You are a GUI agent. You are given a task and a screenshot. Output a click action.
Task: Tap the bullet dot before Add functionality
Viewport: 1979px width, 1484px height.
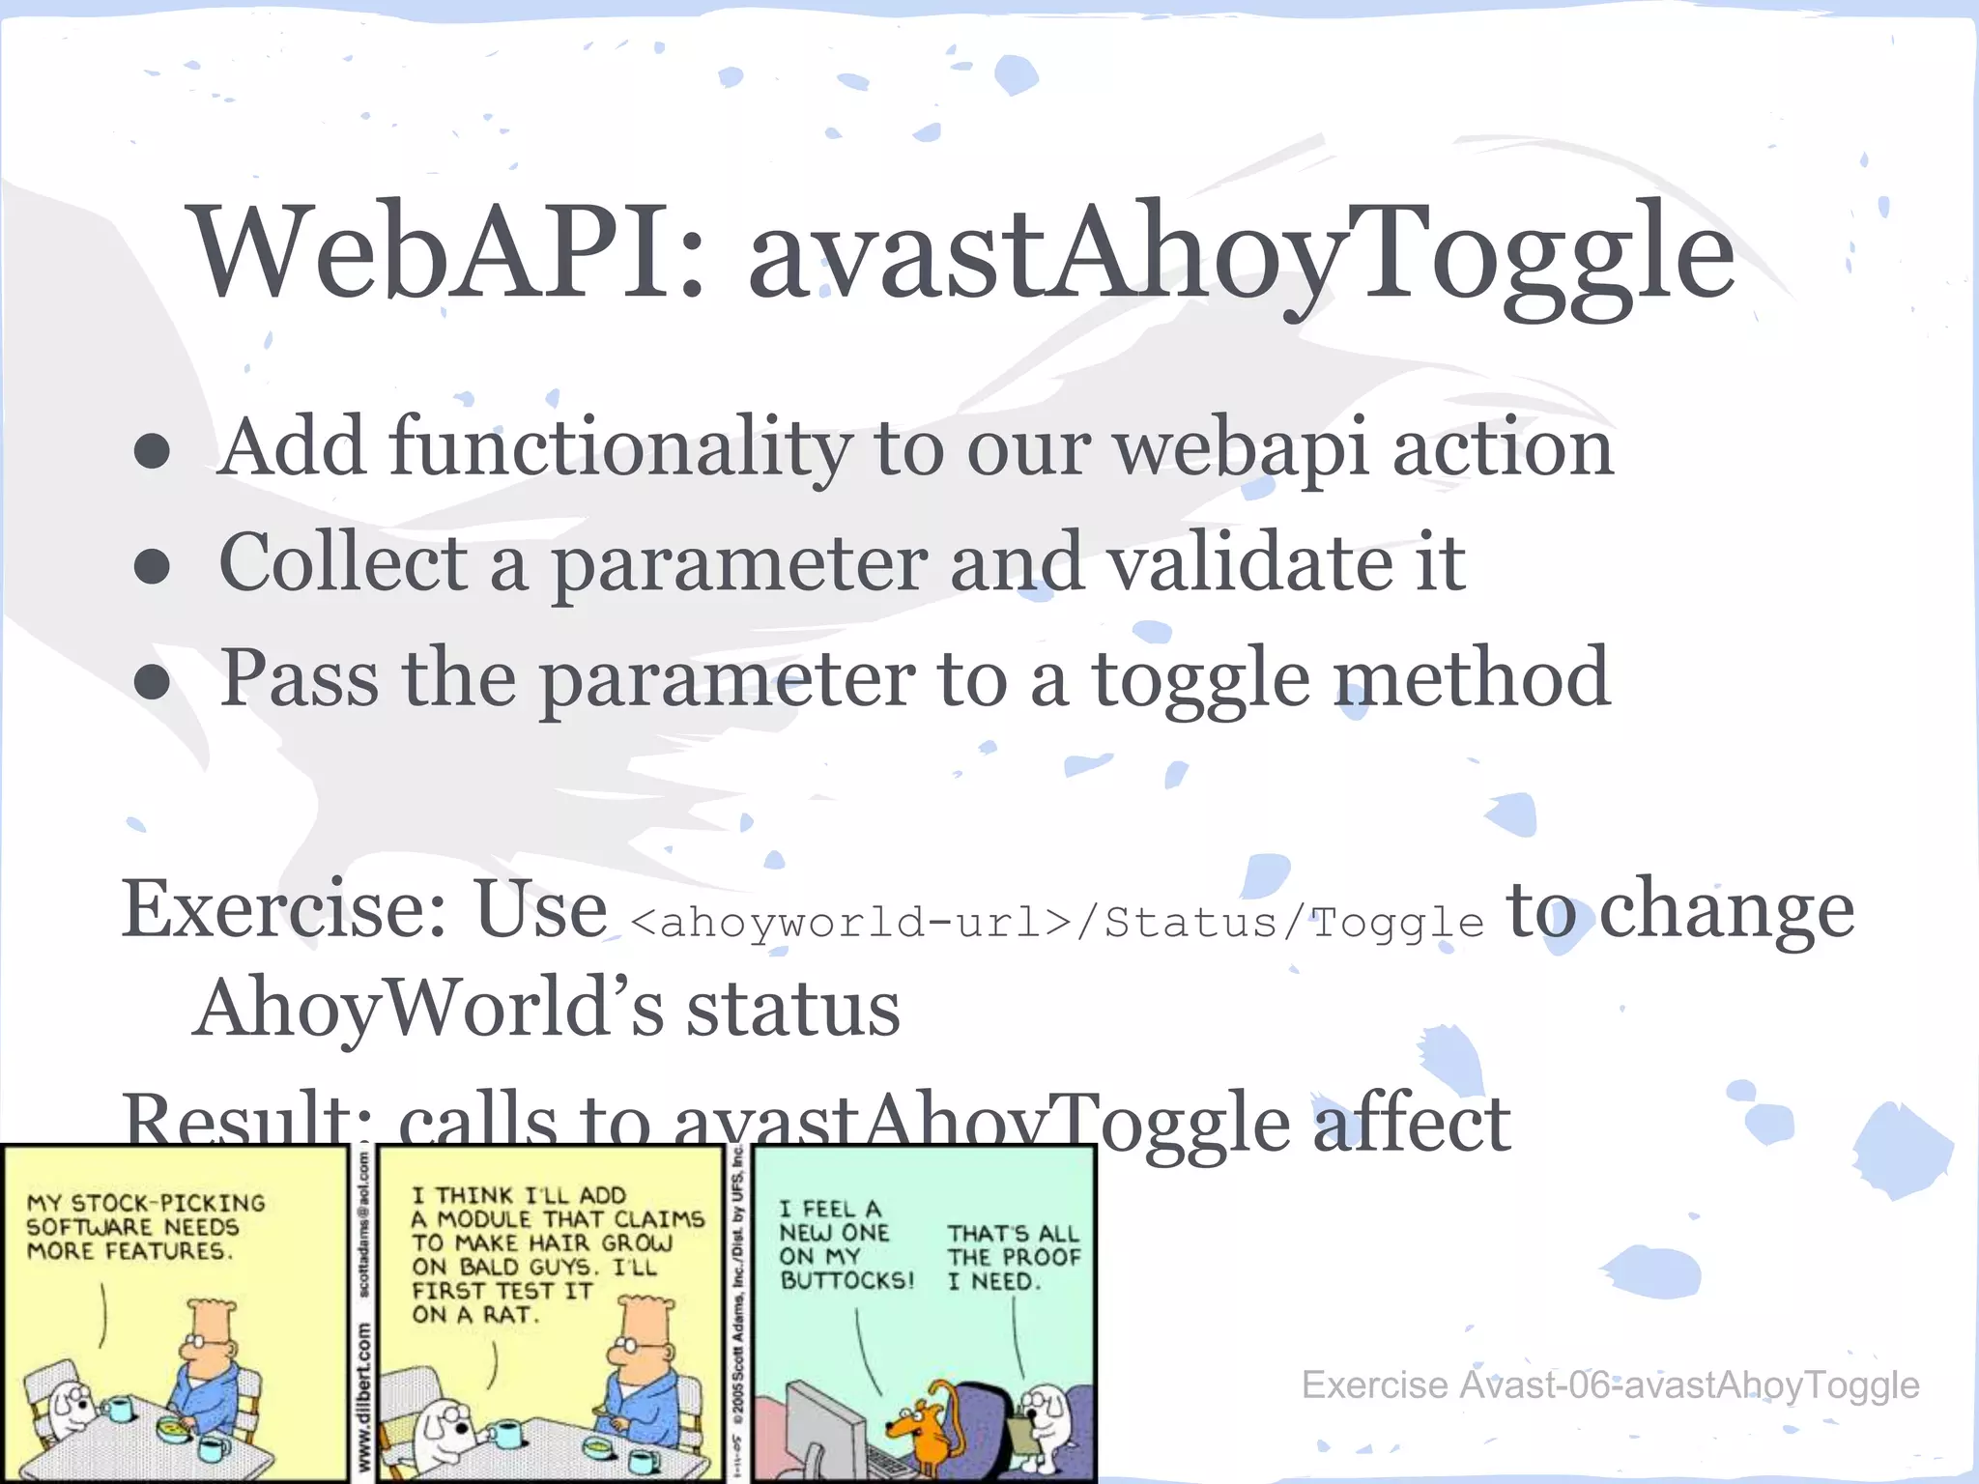click(x=153, y=451)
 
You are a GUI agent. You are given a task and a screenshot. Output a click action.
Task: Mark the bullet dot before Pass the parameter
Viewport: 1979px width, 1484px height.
click(x=153, y=682)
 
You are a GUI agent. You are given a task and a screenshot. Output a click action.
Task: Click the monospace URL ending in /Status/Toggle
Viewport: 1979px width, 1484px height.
click(x=1056, y=923)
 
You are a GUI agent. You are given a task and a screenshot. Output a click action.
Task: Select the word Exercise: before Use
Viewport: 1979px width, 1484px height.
click(x=284, y=910)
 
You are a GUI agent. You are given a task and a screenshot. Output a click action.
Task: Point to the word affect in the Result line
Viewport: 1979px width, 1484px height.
click(x=1411, y=1123)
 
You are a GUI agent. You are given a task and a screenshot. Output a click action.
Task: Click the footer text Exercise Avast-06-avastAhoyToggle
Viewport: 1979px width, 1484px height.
click(x=1609, y=1384)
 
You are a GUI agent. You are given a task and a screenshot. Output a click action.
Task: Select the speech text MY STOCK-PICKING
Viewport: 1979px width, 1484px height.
click(x=146, y=1204)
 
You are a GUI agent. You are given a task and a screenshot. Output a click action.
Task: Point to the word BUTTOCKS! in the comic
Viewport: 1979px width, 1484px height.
click(x=846, y=1281)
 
